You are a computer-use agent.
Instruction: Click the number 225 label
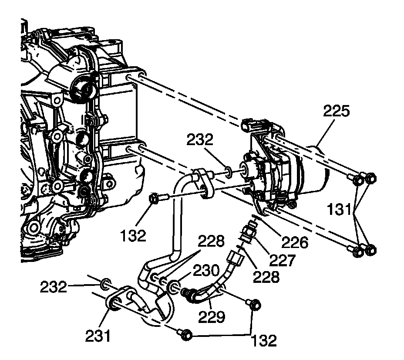pos(336,112)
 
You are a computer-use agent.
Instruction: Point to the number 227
pos(283,260)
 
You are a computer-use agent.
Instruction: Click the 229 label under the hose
pos(212,316)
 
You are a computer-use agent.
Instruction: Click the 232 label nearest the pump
pos(200,140)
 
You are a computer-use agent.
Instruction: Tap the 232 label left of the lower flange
pos(54,287)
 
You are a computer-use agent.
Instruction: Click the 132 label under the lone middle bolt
pos(134,235)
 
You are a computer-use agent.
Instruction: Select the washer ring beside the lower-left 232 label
pos(105,285)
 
